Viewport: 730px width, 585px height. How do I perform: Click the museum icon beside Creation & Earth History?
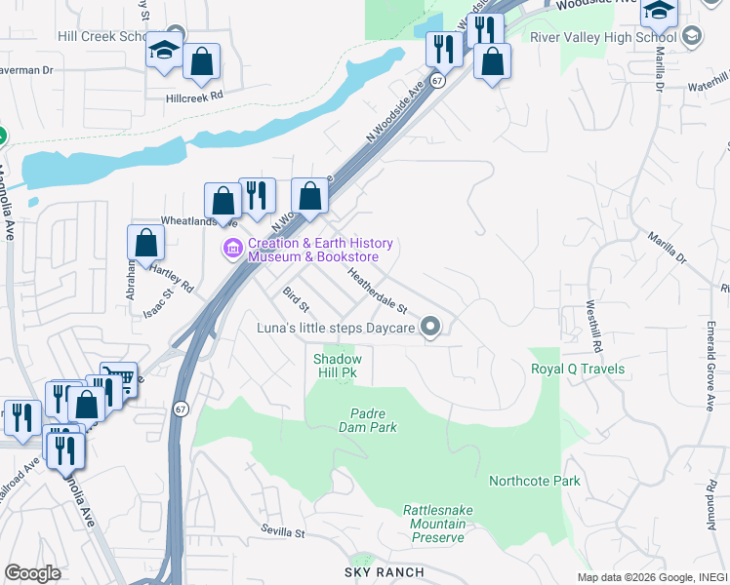pyautogui.click(x=232, y=250)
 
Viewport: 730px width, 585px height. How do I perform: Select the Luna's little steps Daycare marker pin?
pyautogui.click(x=430, y=328)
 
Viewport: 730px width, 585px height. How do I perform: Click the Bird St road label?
pyautogui.click(x=296, y=300)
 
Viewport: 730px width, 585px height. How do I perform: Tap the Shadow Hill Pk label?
pyautogui.click(x=336, y=366)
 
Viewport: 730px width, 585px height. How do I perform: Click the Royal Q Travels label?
pyautogui.click(x=577, y=370)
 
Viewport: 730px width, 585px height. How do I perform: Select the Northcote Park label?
pyautogui.click(x=534, y=481)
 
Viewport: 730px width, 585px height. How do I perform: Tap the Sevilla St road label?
pyautogui.click(x=283, y=533)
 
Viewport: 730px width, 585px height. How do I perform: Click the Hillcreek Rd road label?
pyautogui.click(x=194, y=97)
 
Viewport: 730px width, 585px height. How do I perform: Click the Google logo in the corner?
pyautogui.click(x=32, y=572)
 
